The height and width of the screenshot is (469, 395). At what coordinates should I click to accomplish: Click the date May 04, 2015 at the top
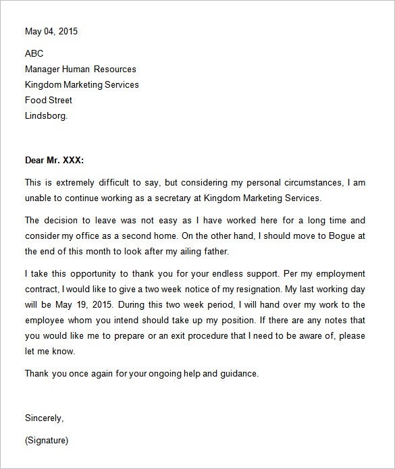[51, 31]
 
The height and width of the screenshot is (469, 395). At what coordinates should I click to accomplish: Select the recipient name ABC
[34, 53]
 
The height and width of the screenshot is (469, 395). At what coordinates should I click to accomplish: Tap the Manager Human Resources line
[80, 69]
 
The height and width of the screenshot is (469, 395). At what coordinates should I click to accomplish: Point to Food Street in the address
[49, 100]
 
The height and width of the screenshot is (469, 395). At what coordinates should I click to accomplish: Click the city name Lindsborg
[46, 115]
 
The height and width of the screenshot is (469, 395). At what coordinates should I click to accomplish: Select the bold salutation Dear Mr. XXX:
[54, 160]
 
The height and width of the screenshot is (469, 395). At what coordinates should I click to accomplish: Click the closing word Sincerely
[44, 418]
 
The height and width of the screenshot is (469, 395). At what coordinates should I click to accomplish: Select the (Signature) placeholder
[47, 441]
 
